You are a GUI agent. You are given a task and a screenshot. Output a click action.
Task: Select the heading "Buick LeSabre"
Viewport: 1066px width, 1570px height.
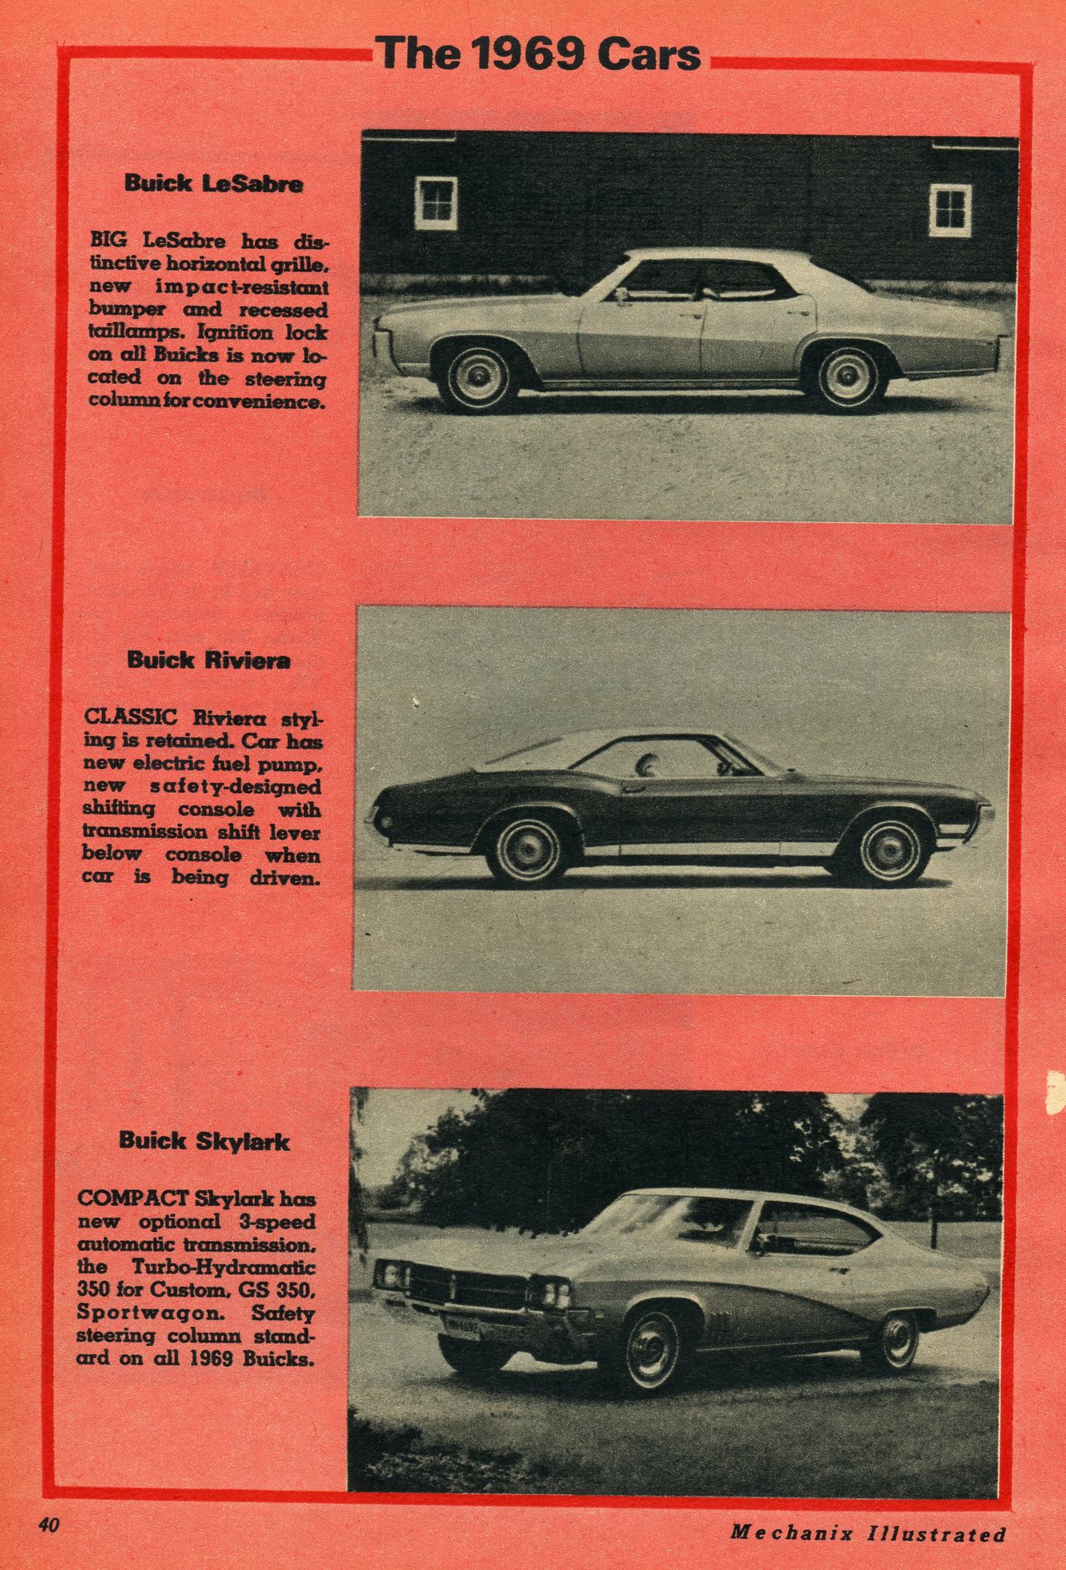pyautogui.click(x=213, y=183)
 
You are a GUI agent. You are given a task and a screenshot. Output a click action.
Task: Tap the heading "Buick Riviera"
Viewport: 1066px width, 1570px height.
pyautogui.click(x=209, y=660)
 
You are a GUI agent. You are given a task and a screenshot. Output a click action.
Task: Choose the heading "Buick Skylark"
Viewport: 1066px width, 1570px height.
pyautogui.click(x=204, y=1140)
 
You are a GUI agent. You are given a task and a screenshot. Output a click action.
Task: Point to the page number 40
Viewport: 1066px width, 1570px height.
pyautogui.click(x=48, y=1525)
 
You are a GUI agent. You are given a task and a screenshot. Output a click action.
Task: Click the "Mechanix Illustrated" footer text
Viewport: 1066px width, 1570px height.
pyautogui.click(x=869, y=1533)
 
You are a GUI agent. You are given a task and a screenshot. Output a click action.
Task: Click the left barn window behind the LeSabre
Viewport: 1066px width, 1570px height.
pyautogui.click(x=436, y=202)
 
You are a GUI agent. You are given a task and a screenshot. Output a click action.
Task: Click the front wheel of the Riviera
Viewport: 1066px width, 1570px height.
pyautogui.click(x=891, y=850)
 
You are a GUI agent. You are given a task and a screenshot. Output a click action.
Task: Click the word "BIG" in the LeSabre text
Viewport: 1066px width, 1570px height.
pyautogui.click(x=109, y=241)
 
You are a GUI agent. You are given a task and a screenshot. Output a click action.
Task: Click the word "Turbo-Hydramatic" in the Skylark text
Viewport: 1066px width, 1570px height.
pyautogui.click(x=224, y=1267)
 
